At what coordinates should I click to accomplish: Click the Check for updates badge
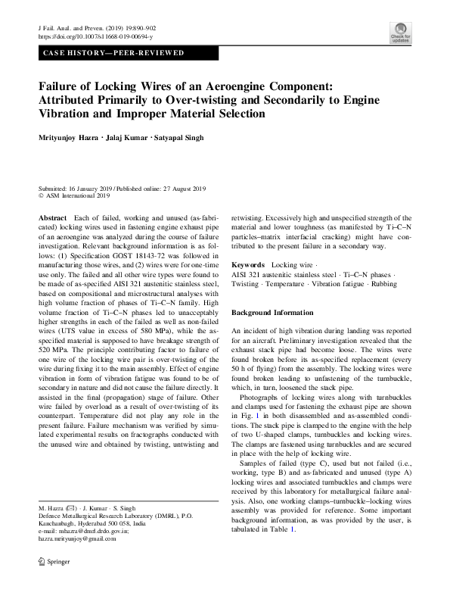coord(400,33)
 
